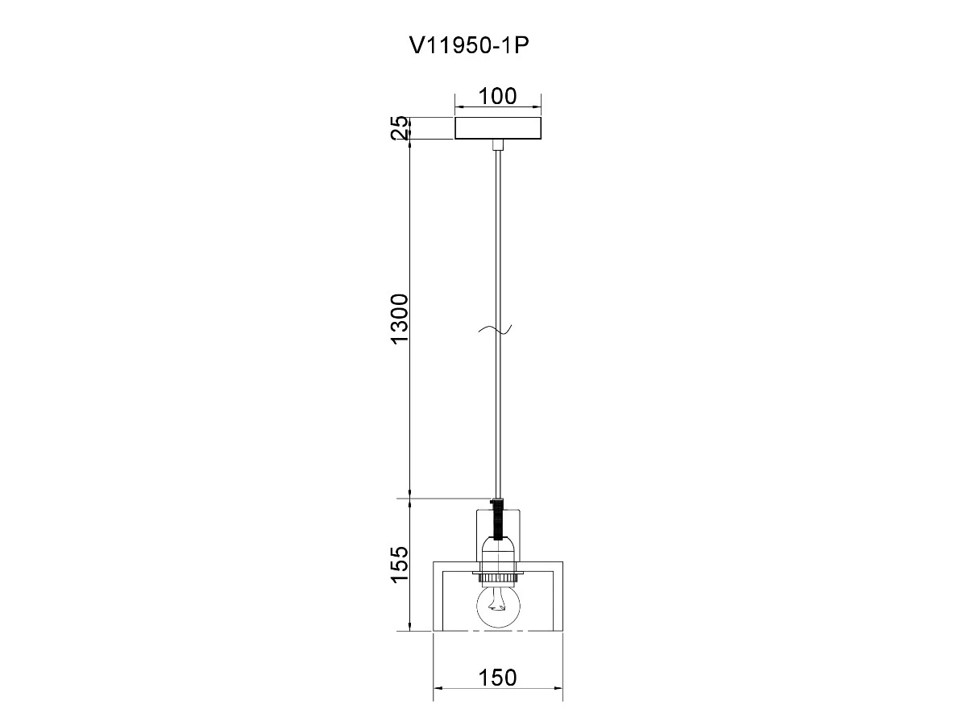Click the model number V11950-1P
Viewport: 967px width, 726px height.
pos(469,45)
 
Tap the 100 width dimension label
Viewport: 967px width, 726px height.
pos(497,96)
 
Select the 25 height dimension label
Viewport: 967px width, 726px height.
pos(400,127)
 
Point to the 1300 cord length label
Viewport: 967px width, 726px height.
pos(400,319)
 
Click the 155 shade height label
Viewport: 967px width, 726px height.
pos(400,564)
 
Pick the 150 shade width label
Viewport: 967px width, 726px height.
pos(497,678)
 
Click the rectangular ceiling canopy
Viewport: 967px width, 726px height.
pos(498,127)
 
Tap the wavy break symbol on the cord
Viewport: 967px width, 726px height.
pos(495,329)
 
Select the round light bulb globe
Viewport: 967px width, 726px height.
pos(498,606)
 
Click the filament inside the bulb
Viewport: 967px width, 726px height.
pos(498,601)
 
